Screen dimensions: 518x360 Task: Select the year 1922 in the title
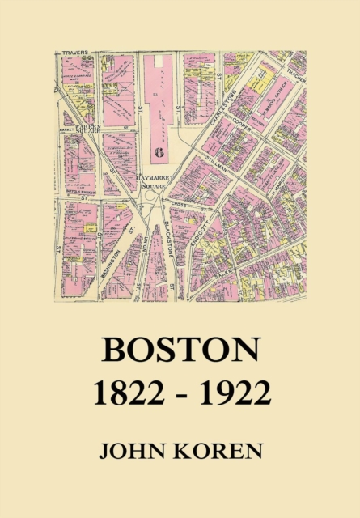point(233,394)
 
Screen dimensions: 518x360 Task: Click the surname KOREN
point(218,451)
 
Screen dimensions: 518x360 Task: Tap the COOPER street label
point(256,124)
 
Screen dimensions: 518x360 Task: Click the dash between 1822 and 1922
point(180,396)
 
